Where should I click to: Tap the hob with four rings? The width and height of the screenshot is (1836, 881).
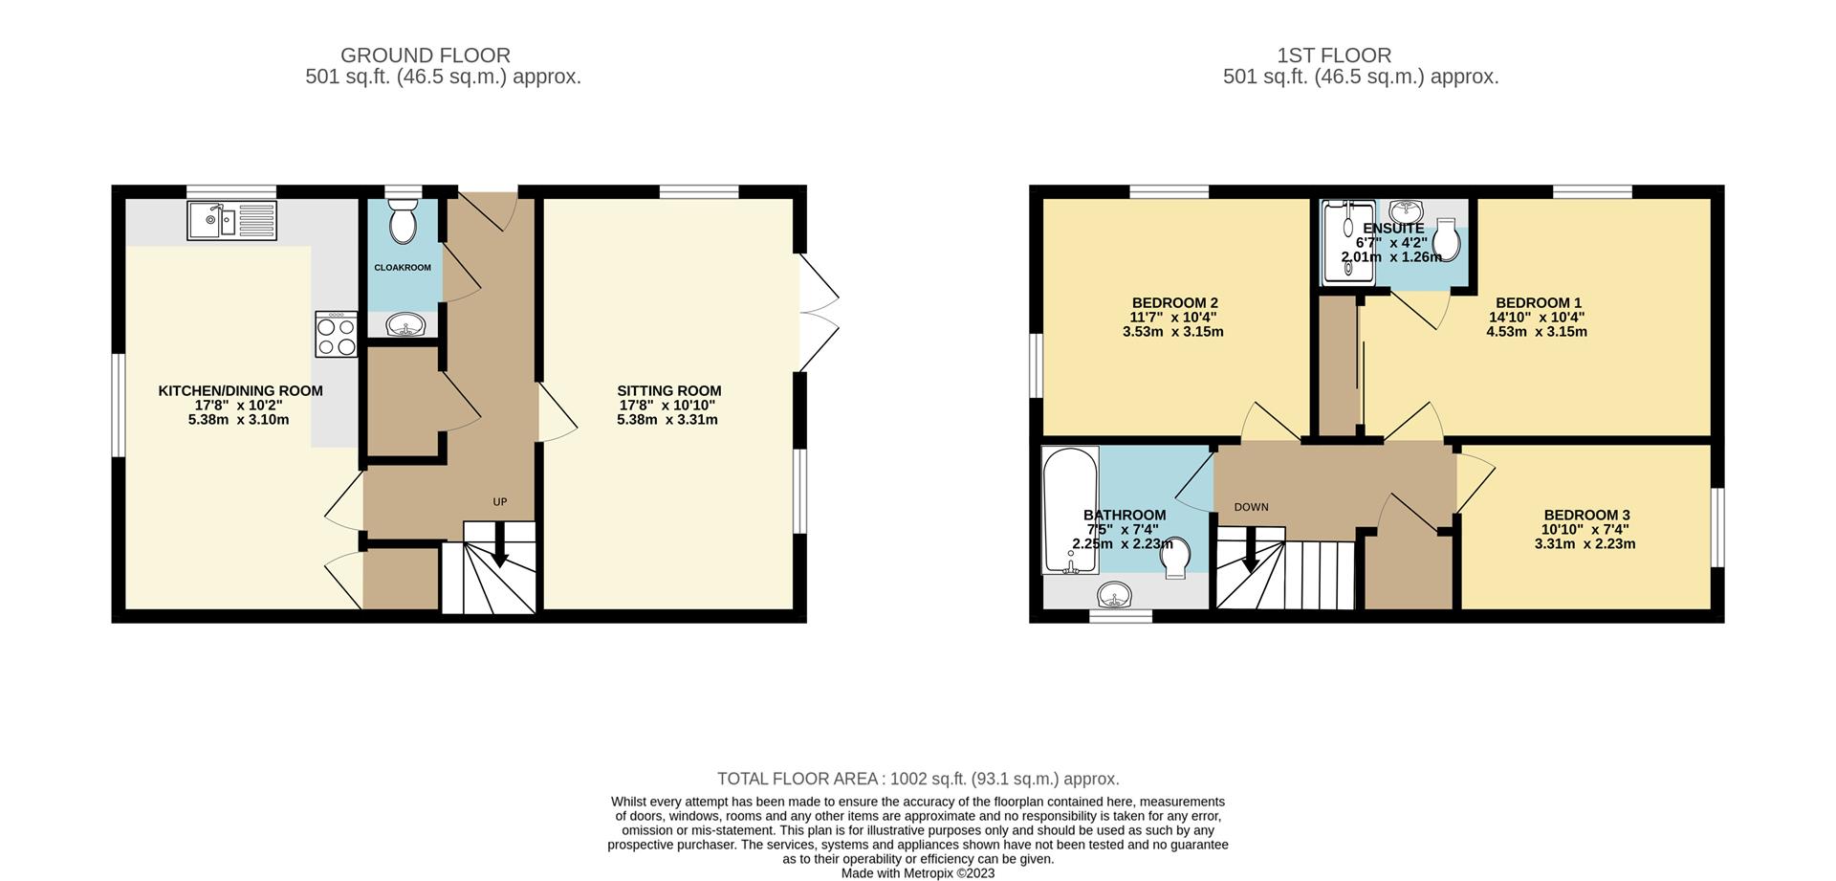[x=337, y=335]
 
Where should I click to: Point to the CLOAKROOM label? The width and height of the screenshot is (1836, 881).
[x=403, y=268]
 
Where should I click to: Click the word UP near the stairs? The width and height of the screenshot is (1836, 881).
[x=499, y=502]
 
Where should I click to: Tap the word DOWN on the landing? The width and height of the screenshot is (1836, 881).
[x=1251, y=507]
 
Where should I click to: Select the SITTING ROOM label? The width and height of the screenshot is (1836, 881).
[x=668, y=391]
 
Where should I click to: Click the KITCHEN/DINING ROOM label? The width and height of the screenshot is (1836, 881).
[x=240, y=391]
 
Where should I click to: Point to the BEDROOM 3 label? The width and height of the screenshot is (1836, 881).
[x=1585, y=515]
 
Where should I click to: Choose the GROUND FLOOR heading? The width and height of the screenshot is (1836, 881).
[x=426, y=55]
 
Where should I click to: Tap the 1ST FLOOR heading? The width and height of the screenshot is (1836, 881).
[x=1360, y=55]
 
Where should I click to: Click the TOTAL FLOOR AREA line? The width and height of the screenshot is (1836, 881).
[x=918, y=779]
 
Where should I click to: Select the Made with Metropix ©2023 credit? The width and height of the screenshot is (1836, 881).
[x=918, y=872]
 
